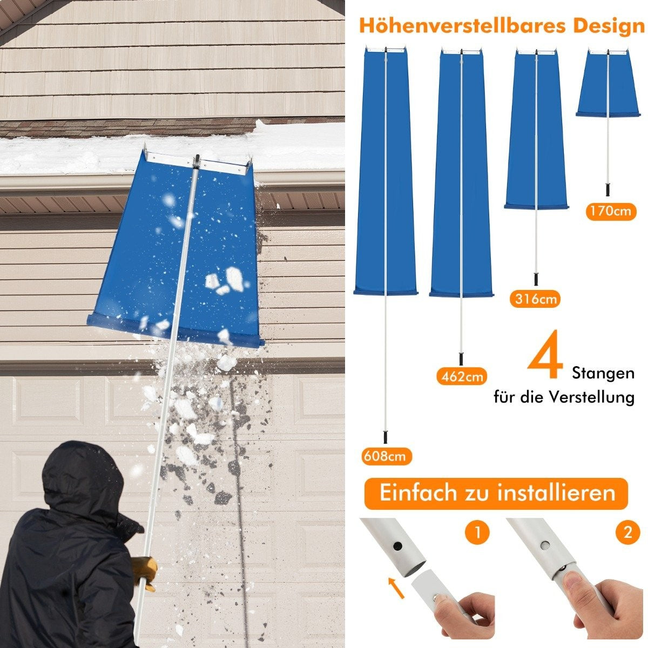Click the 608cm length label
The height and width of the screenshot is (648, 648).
pyautogui.click(x=387, y=456)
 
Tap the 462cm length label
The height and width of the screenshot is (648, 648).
pyautogui.click(x=462, y=376)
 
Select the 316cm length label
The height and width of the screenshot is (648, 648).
pyautogui.click(x=535, y=299)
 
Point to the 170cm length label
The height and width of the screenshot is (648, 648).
pyautogui.click(x=611, y=212)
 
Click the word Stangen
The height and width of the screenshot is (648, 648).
pyautogui.click(x=603, y=373)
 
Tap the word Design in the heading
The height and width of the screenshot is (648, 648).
pyautogui.click(x=609, y=26)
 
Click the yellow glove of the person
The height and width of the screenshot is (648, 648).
pyautogui.click(x=145, y=572)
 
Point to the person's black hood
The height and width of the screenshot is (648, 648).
pyautogui.click(x=83, y=477)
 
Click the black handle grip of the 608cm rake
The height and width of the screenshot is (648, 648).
pyautogui.click(x=385, y=437)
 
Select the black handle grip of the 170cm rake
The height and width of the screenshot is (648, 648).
pyautogui.click(x=608, y=190)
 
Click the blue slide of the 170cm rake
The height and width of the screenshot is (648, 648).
pyautogui.click(x=608, y=84)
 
